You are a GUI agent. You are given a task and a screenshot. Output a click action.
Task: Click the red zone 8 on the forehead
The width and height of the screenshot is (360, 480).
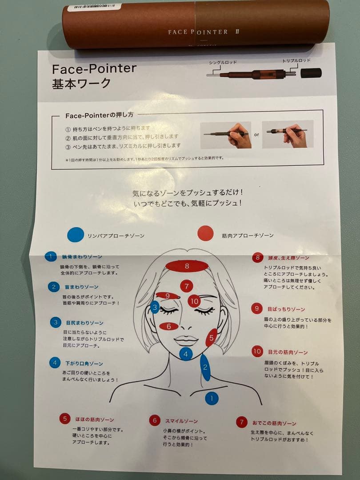pos(187,266)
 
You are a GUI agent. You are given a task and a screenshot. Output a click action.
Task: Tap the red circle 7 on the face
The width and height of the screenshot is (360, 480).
pos(187,286)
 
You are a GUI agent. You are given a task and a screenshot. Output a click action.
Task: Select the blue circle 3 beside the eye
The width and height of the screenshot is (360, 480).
pos(155,307)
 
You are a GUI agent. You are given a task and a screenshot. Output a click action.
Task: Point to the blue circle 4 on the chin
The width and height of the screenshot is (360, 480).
pos(186,354)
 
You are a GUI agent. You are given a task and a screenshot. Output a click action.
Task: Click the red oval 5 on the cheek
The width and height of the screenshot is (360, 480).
pos(212,338)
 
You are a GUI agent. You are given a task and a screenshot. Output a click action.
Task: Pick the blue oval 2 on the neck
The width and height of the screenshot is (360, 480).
pos(205,367)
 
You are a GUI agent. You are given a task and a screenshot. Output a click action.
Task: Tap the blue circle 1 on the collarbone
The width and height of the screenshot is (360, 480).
pos(212,398)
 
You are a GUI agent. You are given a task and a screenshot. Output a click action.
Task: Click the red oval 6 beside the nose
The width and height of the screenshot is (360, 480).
pos(169,326)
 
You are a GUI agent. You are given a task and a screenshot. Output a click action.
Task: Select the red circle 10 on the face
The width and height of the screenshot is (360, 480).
pos(194,301)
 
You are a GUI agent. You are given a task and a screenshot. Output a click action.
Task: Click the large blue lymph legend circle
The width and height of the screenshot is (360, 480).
pos(76,235)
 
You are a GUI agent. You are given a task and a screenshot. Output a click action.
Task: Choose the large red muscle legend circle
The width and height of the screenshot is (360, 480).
pos(205,233)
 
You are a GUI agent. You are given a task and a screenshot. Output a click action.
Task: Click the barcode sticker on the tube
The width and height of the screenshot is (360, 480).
pos(91,7)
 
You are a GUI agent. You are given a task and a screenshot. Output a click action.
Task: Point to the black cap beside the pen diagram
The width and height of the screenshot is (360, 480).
pos(311,73)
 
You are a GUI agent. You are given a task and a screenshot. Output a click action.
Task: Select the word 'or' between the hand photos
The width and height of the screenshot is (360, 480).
pos(256,135)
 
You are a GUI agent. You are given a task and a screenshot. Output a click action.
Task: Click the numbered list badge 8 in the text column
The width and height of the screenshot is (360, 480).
pos(257,258)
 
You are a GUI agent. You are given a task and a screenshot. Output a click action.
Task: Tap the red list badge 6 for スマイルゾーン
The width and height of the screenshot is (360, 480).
pos(155,420)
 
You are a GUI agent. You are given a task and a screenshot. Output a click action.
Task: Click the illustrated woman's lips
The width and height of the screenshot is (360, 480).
pos(186,340)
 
